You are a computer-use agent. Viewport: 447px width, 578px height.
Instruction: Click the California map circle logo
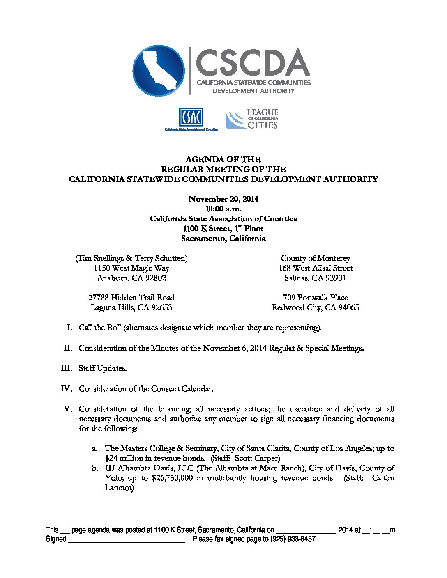point(159,71)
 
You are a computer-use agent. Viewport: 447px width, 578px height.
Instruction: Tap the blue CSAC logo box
point(191,118)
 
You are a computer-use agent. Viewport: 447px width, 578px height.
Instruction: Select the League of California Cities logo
point(252,119)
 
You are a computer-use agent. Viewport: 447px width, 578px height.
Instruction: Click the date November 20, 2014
point(223,199)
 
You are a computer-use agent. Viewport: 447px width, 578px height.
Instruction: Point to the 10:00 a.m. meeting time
point(223,209)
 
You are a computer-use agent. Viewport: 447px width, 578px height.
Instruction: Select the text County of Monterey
point(315,258)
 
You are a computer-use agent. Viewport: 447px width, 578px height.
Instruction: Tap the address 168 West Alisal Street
point(315,268)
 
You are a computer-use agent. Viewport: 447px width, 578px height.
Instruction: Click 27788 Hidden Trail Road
point(131,298)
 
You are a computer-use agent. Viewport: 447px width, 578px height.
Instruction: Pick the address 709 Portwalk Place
point(315,298)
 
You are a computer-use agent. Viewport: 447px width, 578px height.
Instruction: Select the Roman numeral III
point(67,368)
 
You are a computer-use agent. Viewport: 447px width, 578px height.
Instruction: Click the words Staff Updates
point(103,368)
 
